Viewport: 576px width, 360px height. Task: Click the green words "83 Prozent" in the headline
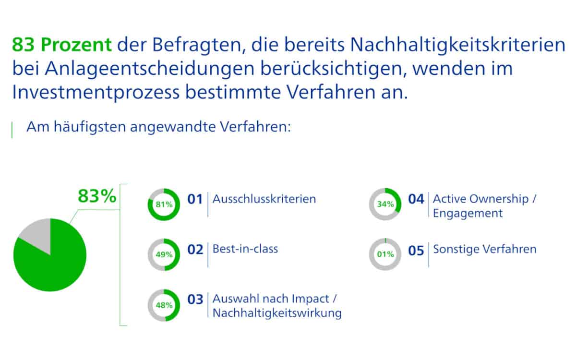pyautogui.click(x=62, y=45)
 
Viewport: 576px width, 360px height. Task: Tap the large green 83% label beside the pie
pyautogui.click(x=97, y=196)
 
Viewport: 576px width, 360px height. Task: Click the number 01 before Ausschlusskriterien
pyautogui.click(x=195, y=199)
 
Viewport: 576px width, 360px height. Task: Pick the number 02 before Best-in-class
pyautogui.click(x=195, y=250)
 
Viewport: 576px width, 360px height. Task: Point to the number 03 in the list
pyautogui.click(x=195, y=300)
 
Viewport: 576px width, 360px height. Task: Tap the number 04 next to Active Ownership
pyautogui.click(x=416, y=199)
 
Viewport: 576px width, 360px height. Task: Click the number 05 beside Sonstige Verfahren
pyautogui.click(x=416, y=251)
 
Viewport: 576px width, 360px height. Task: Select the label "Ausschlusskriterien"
pyautogui.click(x=264, y=199)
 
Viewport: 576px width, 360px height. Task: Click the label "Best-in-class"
pyautogui.click(x=245, y=249)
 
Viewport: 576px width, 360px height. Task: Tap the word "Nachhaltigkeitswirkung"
pyautogui.click(x=277, y=313)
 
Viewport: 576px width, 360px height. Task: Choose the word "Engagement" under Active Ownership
pyautogui.click(x=468, y=214)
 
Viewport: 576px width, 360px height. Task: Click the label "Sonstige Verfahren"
pyautogui.click(x=485, y=249)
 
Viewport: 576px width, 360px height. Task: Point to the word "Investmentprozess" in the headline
pyautogui.click(x=96, y=93)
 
